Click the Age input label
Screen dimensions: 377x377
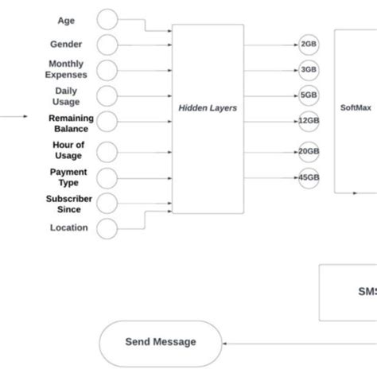66,20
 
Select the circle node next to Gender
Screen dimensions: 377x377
107,45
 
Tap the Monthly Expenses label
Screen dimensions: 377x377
66,69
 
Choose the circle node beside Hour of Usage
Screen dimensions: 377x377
107,150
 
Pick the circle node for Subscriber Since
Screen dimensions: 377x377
107,203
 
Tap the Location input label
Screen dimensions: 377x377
69,228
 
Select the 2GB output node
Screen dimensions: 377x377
309,45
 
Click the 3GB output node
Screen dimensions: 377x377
309,69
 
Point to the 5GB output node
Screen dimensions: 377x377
309,95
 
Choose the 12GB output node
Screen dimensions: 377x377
309,120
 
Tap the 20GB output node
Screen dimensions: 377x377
309,151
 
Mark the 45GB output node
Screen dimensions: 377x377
309,177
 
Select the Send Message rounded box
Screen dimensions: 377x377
160,343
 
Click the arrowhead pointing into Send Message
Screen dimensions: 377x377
227,343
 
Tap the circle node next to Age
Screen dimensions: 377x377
107,20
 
